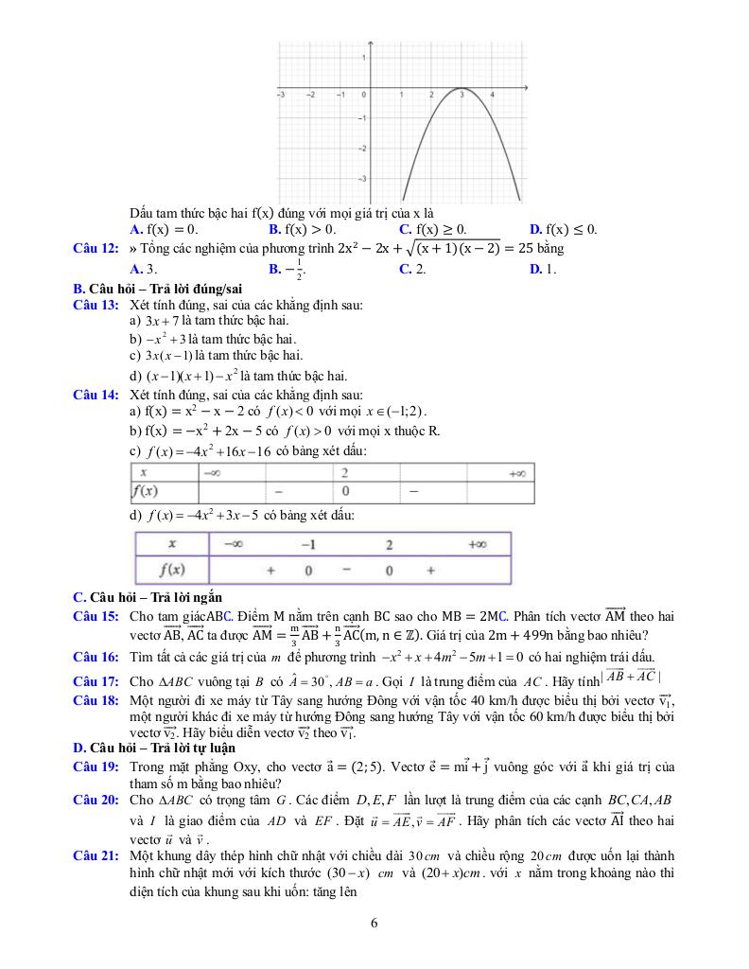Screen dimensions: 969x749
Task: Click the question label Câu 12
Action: [96, 249]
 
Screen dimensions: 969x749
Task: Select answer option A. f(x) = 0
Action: [164, 229]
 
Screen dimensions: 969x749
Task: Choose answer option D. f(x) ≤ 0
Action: [564, 229]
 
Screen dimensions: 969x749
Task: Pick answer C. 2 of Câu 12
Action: [412, 270]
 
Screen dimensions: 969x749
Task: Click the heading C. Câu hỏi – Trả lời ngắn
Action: [148, 596]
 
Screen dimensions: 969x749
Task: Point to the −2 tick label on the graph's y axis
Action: [362, 149]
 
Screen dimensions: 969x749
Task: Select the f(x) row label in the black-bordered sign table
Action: [147, 491]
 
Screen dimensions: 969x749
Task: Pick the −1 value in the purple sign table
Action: [308, 544]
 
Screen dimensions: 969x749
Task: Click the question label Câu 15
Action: [96, 616]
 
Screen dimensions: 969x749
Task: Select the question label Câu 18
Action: [96, 700]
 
